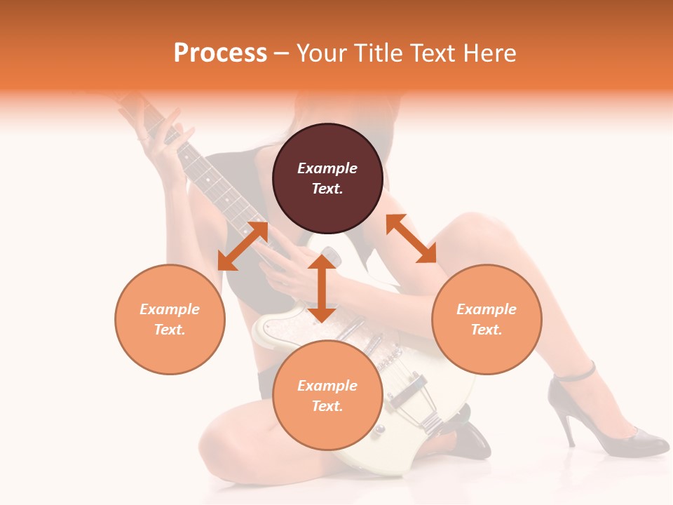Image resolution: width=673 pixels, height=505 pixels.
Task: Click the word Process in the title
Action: tap(220, 53)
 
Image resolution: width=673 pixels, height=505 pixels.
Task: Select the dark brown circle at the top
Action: tap(327, 178)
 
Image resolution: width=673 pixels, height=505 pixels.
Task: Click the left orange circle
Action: tap(170, 319)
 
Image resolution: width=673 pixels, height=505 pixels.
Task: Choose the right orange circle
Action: tap(487, 319)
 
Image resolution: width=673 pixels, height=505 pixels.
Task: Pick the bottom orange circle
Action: tap(327, 395)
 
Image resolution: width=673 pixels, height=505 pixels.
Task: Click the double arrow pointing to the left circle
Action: tap(243, 245)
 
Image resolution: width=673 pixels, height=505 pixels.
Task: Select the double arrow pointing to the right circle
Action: tap(411, 238)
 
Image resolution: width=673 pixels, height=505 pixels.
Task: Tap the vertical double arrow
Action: tap(322, 288)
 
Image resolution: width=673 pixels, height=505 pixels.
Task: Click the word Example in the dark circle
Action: tap(327, 168)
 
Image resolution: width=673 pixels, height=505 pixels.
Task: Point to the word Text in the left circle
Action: tap(169, 330)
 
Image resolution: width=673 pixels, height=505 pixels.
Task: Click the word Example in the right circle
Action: tap(487, 309)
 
